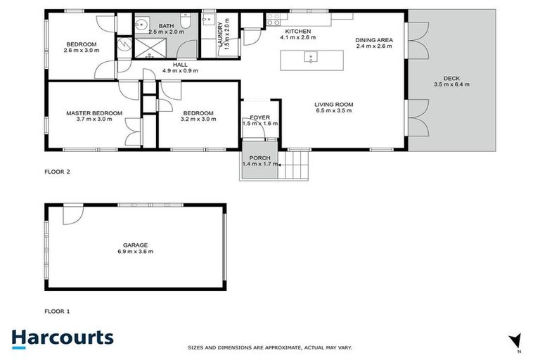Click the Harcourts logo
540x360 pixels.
(62, 337)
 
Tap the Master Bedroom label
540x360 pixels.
(94, 112)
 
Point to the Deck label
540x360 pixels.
(451, 78)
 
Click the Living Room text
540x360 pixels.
(333, 104)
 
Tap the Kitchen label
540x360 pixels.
(297, 31)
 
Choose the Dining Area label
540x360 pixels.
(373, 40)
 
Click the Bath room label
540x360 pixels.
(166, 26)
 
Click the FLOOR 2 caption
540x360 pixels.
(58, 171)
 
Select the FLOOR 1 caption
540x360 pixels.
(58, 310)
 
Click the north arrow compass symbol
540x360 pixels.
(515, 340)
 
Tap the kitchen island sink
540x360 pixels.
(309, 57)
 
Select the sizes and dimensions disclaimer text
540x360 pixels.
(269, 347)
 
